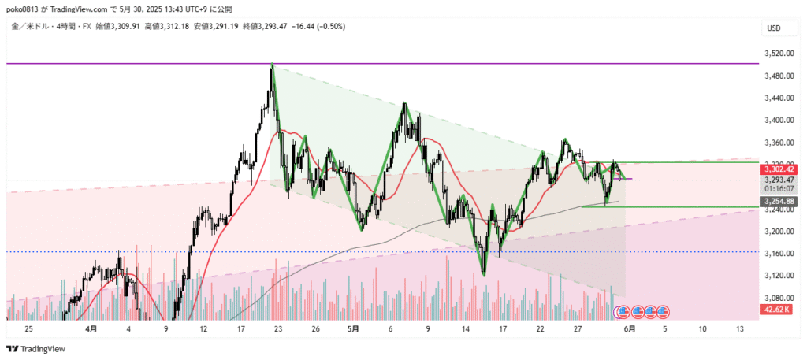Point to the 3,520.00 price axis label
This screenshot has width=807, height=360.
(x=777, y=54)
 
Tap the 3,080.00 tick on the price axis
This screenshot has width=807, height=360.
(x=777, y=298)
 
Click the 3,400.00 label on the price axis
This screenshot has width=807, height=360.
(x=777, y=121)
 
